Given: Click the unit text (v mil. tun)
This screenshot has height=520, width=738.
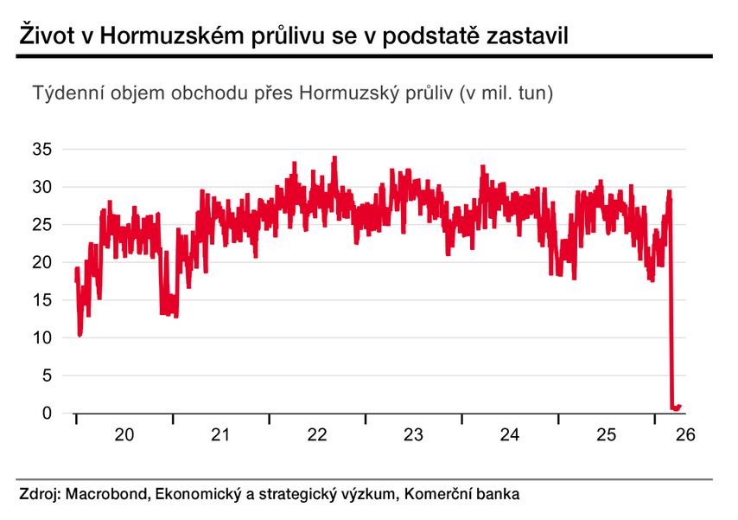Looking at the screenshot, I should [506, 93].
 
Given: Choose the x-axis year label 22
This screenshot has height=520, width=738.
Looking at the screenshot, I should [317, 433].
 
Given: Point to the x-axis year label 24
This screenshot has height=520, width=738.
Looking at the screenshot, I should [511, 433].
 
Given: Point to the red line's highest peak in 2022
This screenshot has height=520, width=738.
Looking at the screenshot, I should [334, 158].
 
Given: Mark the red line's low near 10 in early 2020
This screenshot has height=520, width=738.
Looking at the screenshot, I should [80, 334].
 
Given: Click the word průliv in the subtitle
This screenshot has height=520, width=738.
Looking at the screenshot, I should [429, 93].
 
